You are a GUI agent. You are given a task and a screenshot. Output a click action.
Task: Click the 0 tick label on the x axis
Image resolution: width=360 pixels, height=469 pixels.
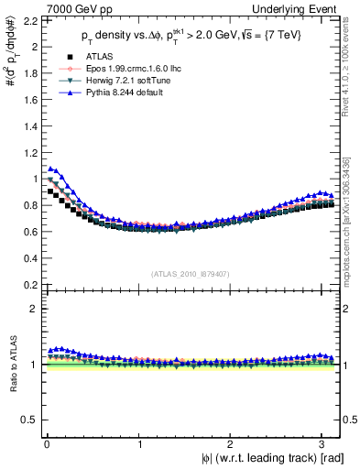point(46,443)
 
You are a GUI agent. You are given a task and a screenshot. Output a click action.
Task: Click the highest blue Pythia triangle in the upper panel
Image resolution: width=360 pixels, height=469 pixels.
point(51,169)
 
